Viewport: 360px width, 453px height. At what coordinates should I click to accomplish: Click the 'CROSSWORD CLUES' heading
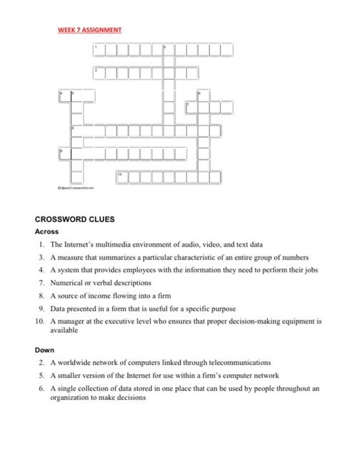tap(74, 219)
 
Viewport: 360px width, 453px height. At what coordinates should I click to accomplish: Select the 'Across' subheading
tap(47, 232)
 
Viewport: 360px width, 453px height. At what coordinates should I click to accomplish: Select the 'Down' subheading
tap(45, 349)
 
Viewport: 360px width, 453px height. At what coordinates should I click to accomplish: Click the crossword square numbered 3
tap(98, 72)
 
